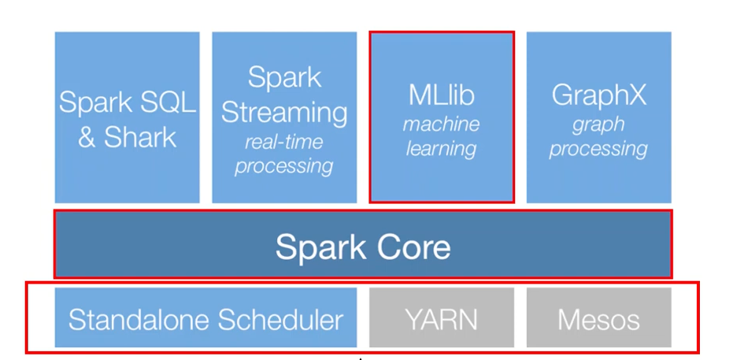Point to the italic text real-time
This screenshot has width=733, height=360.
(x=283, y=142)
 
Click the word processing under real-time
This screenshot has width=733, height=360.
(x=283, y=166)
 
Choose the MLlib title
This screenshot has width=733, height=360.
(x=442, y=95)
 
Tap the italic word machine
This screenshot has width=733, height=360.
(x=442, y=124)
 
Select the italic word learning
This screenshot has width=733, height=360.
(x=442, y=149)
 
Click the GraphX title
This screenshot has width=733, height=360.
(x=599, y=95)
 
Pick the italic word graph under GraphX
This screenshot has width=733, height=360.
(x=599, y=125)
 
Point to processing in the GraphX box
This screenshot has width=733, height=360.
(x=599, y=150)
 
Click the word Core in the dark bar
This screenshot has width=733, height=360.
(x=409, y=247)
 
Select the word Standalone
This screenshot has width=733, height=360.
(x=139, y=320)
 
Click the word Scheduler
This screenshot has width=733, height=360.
(x=280, y=320)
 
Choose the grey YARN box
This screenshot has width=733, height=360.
(x=442, y=317)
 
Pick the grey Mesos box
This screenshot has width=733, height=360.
(x=599, y=317)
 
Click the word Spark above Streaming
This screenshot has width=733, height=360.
(x=284, y=78)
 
